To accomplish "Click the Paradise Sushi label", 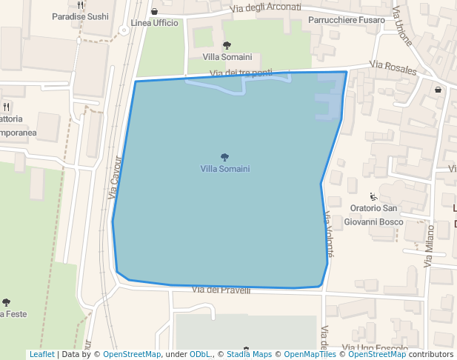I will (81, 16).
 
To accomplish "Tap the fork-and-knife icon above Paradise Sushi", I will (81, 5).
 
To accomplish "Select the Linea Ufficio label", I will (154, 23).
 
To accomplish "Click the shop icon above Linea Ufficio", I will (154, 12).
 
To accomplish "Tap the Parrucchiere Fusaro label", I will (347, 20).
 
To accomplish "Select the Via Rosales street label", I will (393, 68).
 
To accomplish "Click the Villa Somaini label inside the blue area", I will (224, 169).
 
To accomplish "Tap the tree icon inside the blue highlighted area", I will (224, 157).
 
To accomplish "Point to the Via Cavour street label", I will (114, 177).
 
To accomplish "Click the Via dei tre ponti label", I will (241, 73).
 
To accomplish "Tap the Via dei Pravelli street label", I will (221, 290).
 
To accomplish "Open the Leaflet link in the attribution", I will (41, 355).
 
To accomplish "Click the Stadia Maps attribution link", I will (249, 355).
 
